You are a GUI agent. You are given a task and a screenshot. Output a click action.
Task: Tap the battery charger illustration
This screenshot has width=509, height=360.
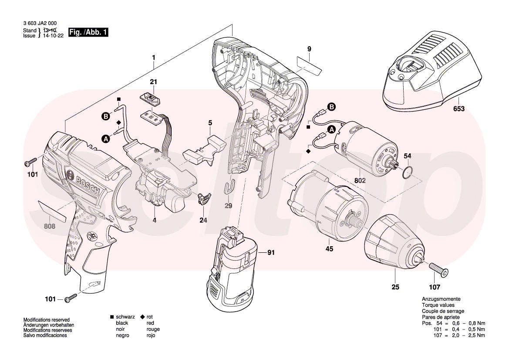(x=431, y=72)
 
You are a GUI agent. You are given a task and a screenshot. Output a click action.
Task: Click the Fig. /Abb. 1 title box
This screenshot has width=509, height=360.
(x=88, y=33)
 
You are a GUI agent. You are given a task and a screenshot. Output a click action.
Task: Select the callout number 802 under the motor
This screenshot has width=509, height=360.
(x=360, y=180)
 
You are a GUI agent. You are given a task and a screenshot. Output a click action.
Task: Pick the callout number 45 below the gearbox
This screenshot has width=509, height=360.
(x=329, y=249)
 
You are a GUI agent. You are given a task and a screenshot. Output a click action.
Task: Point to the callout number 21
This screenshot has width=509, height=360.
(x=153, y=82)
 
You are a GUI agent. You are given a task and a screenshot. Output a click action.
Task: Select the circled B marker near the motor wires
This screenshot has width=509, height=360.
(x=331, y=107)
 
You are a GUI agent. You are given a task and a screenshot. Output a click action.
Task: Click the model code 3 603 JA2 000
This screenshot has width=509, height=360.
(x=39, y=24)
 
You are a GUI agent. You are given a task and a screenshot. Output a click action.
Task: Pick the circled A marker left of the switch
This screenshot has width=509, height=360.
(x=105, y=139)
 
